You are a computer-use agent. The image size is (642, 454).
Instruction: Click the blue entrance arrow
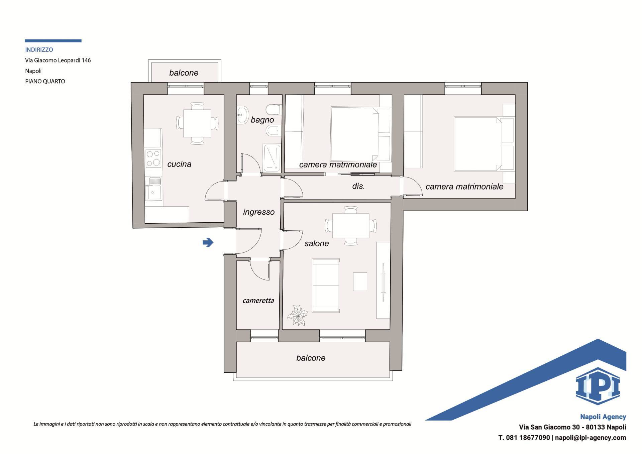coord(208,242)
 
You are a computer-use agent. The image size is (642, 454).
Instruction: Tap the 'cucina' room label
coord(179,164)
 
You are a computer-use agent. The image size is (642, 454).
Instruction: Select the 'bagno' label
coord(262,120)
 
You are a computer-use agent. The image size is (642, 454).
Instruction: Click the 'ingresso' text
coord(259,212)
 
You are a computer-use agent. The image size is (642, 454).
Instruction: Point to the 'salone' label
coord(317,243)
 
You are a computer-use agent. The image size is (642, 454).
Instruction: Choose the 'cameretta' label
coord(258,301)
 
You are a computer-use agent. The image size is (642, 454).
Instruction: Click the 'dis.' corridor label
coord(358,186)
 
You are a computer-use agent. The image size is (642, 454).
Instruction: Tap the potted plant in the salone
coord(297,315)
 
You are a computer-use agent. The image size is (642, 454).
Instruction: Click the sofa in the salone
coord(326,286)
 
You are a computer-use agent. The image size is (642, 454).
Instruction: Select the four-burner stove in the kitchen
coord(153,158)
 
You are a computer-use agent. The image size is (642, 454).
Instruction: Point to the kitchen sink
coord(153,188)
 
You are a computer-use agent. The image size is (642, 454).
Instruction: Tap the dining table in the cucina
coord(197,123)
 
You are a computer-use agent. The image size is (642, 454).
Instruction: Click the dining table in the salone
coord(351,226)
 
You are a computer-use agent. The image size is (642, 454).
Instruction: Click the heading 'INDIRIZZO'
coord(39,50)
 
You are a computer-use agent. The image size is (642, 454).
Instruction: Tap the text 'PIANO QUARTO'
coord(45,81)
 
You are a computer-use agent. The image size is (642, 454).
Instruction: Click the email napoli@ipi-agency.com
coord(591,438)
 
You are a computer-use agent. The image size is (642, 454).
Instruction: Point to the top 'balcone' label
coord(184,73)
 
